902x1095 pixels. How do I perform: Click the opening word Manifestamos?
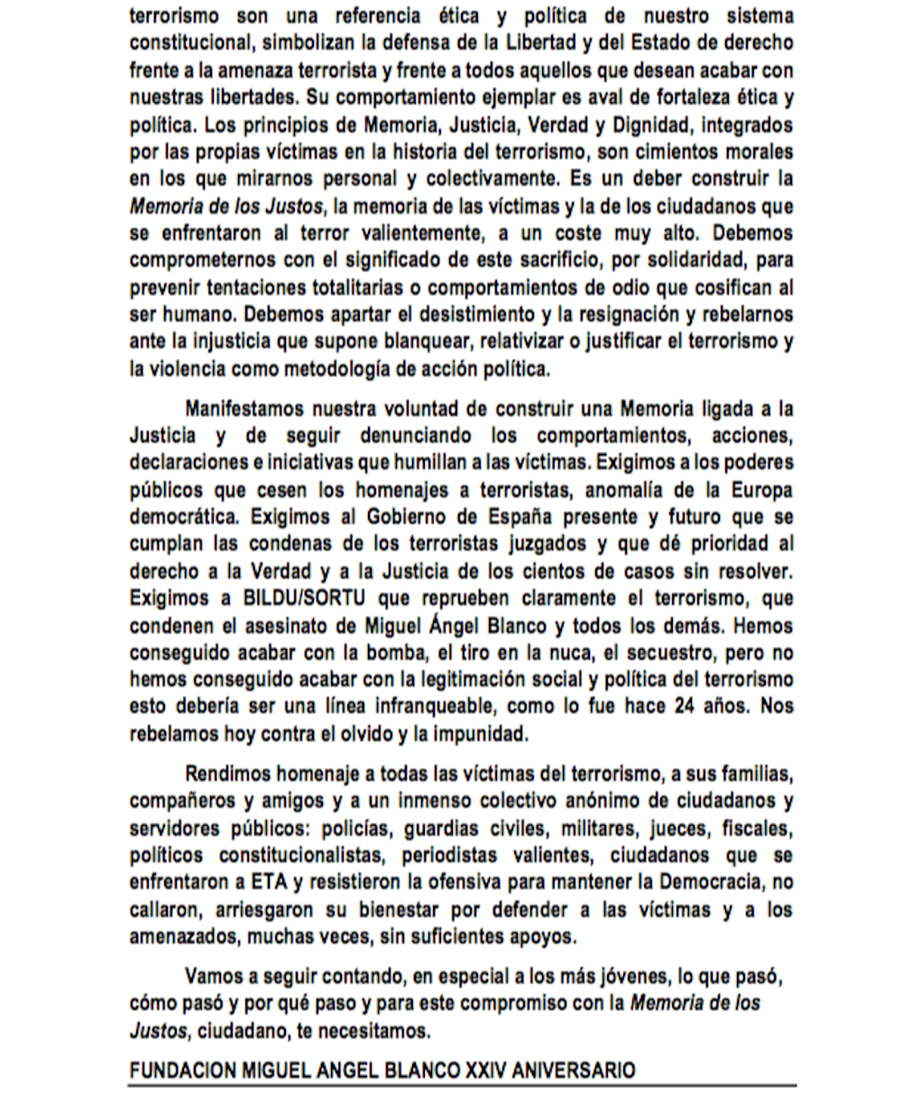247,408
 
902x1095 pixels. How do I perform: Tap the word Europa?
757,491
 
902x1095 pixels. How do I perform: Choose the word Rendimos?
225,775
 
